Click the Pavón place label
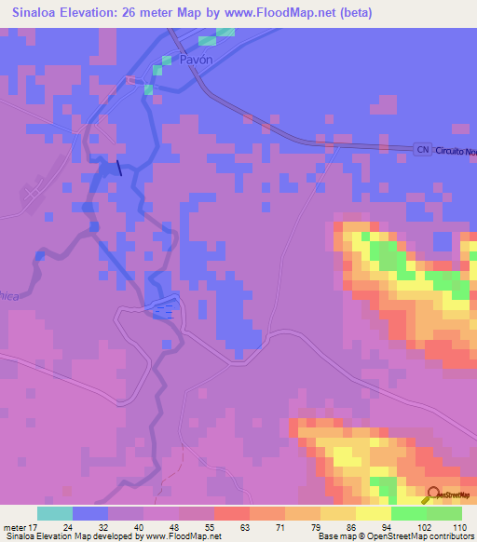pyautogui.click(x=197, y=59)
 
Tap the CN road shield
pyautogui.click(x=423, y=149)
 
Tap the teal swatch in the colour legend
pyautogui.click(x=55, y=513)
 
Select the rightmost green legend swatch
pyautogui.click(x=444, y=513)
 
